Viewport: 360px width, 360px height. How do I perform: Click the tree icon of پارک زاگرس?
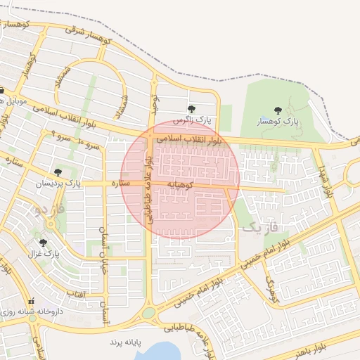(x=192, y=109)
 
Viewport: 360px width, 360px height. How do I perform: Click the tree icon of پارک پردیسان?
(x=58, y=172)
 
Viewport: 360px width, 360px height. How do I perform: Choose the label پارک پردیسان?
(x=60, y=184)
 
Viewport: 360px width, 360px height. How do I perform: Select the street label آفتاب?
(x=75, y=293)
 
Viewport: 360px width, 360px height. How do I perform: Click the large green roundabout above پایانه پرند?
(x=149, y=313)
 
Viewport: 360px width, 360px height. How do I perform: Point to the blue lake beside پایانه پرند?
(x=162, y=350)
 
